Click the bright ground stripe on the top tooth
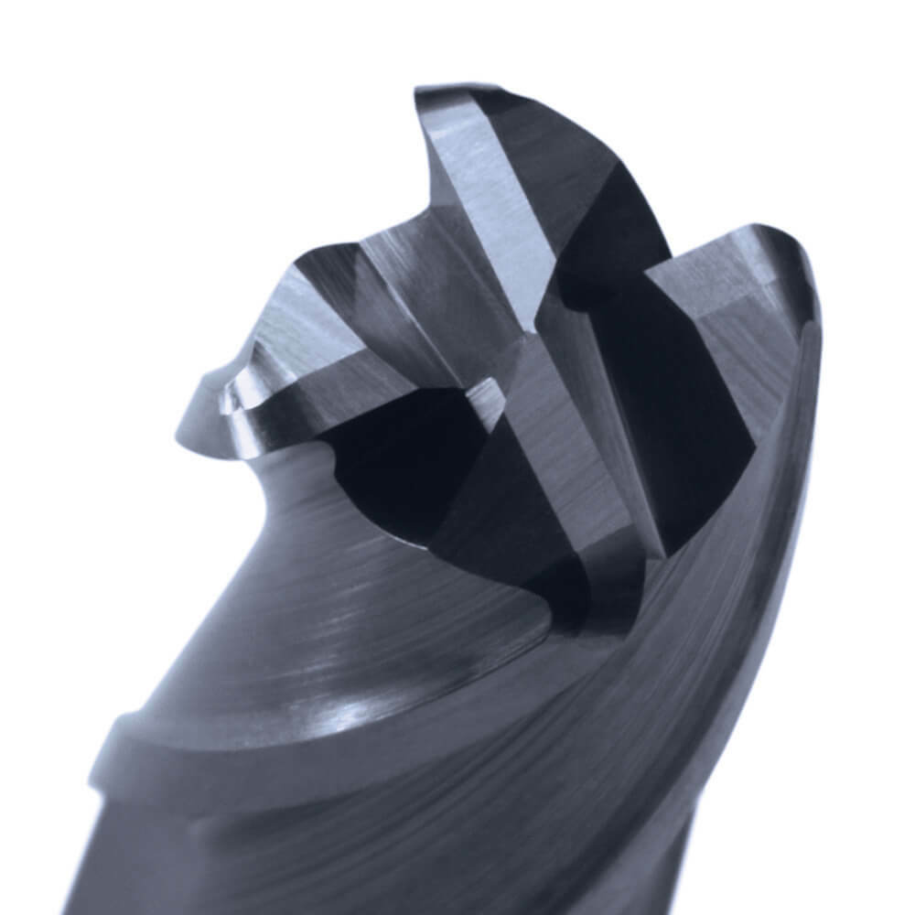[x=485, y=210]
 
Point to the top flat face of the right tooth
[x=723, y=265]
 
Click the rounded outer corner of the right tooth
[x=805, y=274]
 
